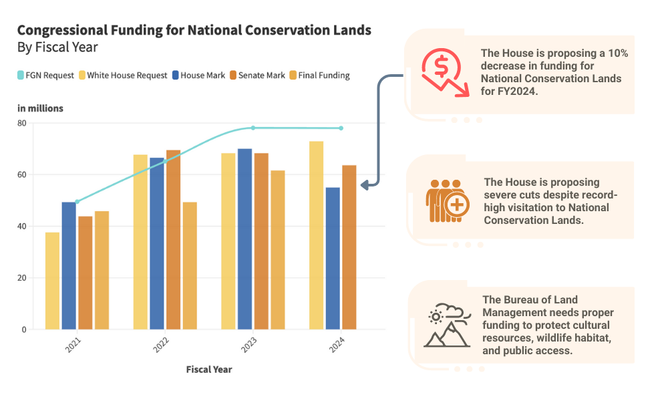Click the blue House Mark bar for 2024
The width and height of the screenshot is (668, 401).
click(333, 258)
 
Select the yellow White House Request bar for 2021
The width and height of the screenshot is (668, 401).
click(52, 281)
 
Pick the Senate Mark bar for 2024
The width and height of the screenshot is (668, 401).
click(349, 247)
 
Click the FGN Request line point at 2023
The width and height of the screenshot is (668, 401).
click(253, 128)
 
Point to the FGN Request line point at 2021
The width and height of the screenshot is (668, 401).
click(77, 201)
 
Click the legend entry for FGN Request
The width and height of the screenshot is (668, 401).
click(45, 76)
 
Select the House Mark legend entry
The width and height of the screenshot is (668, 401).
click(198, 76)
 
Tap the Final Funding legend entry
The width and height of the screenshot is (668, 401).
click(319, 76)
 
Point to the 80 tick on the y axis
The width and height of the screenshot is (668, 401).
click(22, 123)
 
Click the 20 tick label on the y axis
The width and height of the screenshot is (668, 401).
click(22, 278)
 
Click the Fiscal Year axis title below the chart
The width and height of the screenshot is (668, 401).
click(209, 369)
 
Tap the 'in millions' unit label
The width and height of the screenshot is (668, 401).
click(40, 108)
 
